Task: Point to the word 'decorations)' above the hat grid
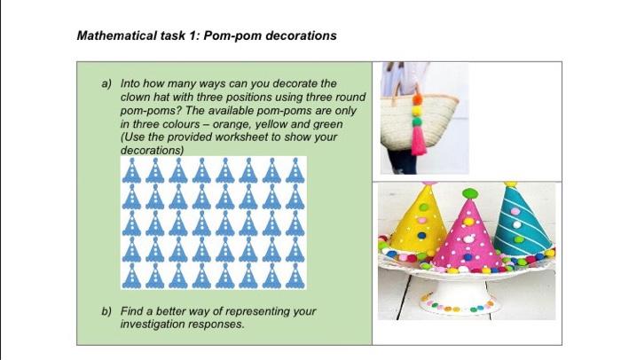(x=151, y=151)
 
